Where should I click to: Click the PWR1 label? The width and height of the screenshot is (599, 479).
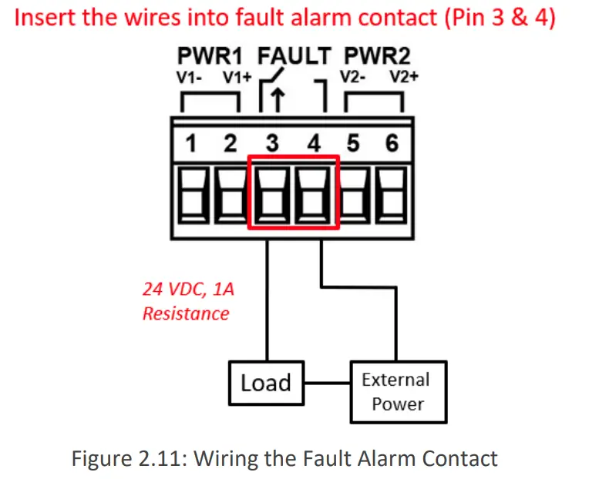[x=210, y=55]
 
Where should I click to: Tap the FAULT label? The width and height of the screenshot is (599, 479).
[x=294, y=55]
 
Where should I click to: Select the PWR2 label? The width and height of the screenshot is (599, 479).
[x=377, y=55]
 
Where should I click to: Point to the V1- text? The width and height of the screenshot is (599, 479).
[x=189, y=78]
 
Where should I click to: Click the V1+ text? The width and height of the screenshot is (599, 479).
[x=237, y=78]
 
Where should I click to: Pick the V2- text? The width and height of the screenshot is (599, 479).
[x=352, y=78]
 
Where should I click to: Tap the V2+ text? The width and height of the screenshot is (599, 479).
[x=404, y=78]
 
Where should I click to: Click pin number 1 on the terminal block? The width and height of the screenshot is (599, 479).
[x=190, y=143]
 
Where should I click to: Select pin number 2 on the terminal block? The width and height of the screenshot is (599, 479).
[x=231, y=143]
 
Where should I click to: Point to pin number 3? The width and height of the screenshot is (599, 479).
[x=272, y=143]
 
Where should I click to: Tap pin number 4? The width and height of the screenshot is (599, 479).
[x=314, y=143]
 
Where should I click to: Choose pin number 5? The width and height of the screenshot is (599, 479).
[x=353, y=143]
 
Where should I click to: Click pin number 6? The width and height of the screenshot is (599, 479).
[x=392, y=143]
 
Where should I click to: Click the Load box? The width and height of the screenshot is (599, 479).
[x=266, y=383]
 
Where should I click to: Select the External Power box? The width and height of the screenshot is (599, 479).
[x=399, y=392]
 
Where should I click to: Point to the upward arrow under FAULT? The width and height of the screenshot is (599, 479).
[x=278, y=100]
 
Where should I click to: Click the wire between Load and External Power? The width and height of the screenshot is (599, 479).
[x=328, y=383]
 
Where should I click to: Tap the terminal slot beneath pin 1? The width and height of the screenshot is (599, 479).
[x=194, y=195]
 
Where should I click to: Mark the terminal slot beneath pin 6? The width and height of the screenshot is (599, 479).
[x=391, y=195]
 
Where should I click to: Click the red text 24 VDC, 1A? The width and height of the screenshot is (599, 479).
[x=188, y=289]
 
